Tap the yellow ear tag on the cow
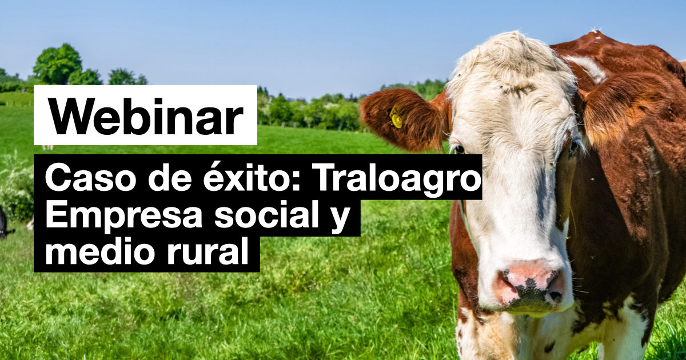pyautogui.click(x=396, y=116)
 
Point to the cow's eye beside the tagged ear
pyautogui.click(x=458, y=149)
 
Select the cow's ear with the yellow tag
pyautogui.click(x=404, y=119)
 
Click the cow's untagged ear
pyautogui.click(x=628, y=107)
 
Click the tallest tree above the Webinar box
pyautogui.click(x=58, y=63)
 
